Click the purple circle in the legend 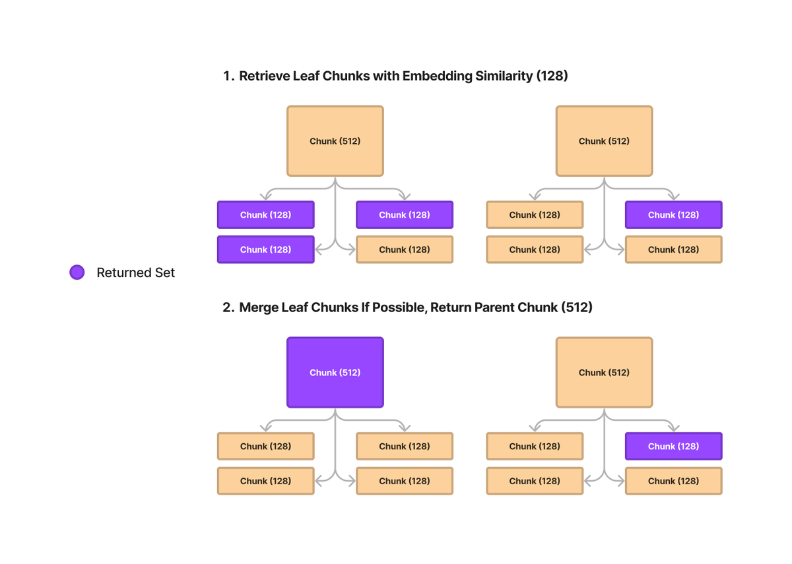[x=77, y=272]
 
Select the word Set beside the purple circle [x=165, y=273]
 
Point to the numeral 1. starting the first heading [x=228, y=77]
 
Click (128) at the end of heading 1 [x=552, y=77]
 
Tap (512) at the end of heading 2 [x=577, y=308]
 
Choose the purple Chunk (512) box [x=335, y=373]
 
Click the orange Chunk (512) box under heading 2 [x=605, y=373]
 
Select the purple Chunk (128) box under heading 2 [x=674, y=447]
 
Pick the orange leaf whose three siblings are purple [x=405, y=249]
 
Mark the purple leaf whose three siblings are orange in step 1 [x=674, y=215]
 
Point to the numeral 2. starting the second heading [x=228, y=308]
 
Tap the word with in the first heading [x=386, y=77]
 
